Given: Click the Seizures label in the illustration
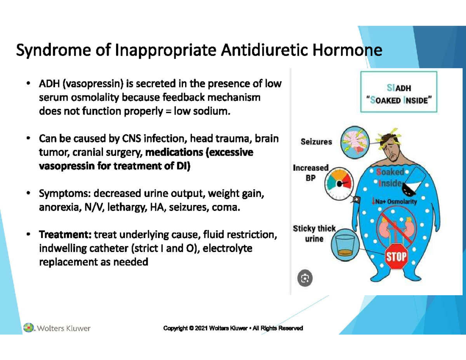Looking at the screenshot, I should pyautogui.click(x=316, y=142).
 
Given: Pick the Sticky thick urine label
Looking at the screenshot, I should pyautogui.click(x=314, y=233).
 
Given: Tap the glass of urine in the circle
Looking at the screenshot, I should pyautogui.click(x=348, y=246).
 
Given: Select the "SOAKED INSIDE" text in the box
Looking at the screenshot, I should pyautogui.click(x=398, y=100).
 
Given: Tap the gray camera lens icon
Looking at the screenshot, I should pyautogui.click(x=305, y=278).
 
